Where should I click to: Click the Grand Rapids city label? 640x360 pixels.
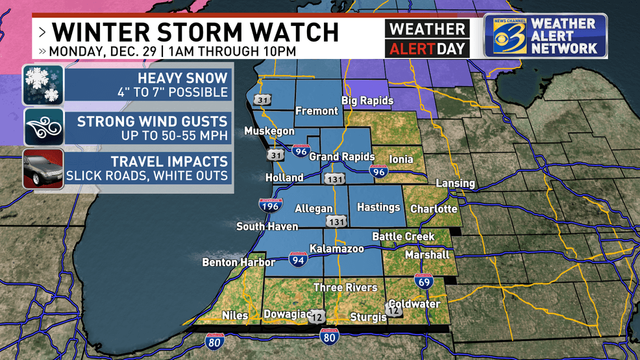[341, 157]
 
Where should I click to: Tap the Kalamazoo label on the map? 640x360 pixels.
[336, 249]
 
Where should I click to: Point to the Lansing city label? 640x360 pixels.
[454, 184]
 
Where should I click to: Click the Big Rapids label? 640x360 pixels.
[367, 101]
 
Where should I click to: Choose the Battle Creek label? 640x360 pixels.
[402, 237]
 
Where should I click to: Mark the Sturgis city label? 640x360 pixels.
[363, 317]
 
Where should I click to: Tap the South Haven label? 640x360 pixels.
[267, 226]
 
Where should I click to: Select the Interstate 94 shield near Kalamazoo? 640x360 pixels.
[299, 260]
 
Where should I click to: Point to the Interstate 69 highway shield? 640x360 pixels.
[423, 282]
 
